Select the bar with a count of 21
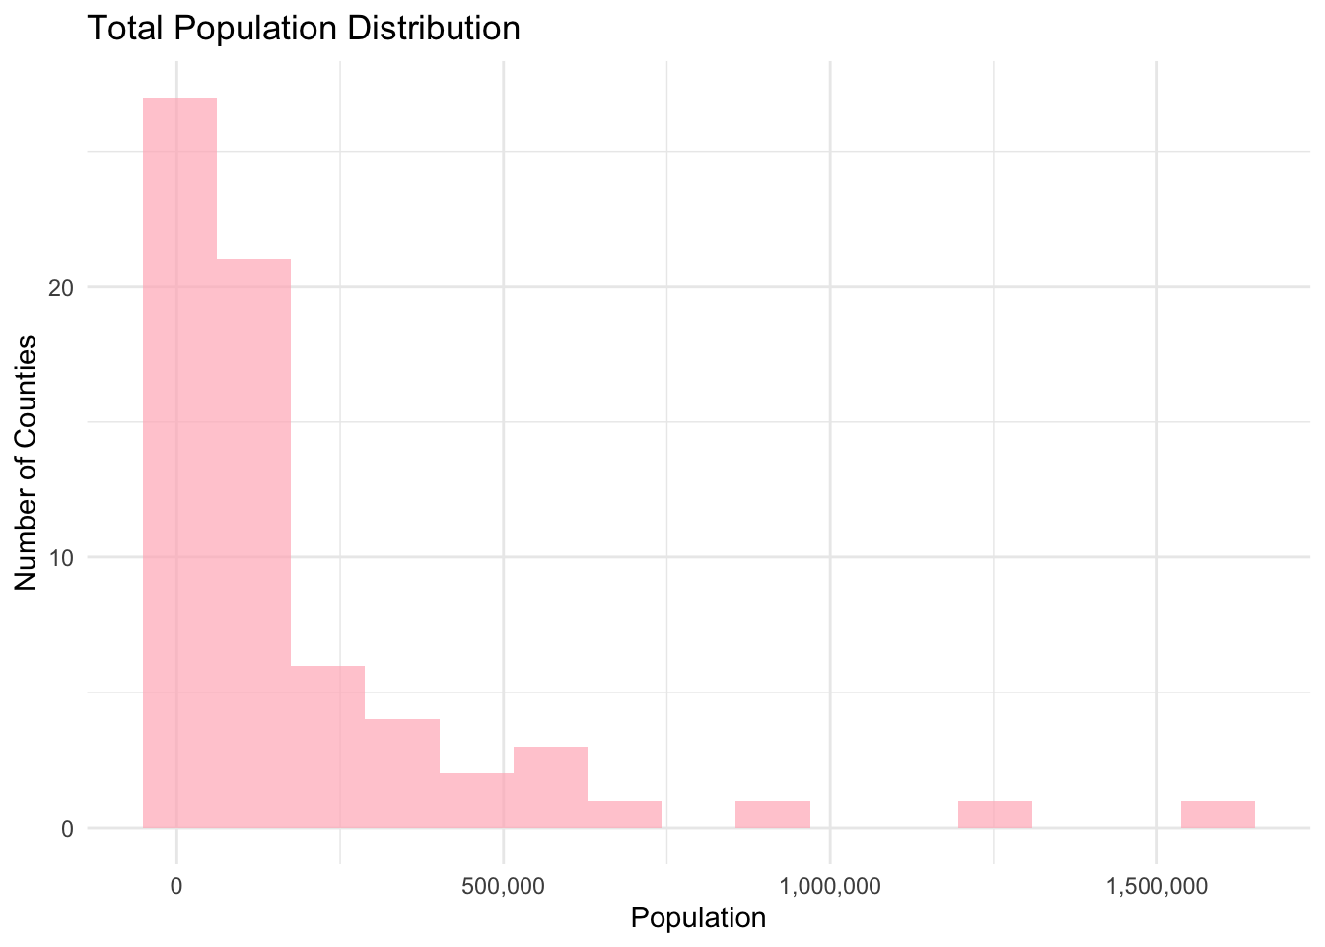coord(253,543)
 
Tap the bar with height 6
coord(327,746)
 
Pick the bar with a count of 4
coord(402,773)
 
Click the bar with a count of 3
coord(550,787)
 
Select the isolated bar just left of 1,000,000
coord(773,814)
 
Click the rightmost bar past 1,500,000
coord(1218,814)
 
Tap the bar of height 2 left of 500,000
coord(476,800)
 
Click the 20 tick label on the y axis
coord(63,288)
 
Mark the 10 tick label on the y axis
coord(63,558)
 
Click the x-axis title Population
coord(698,918)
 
